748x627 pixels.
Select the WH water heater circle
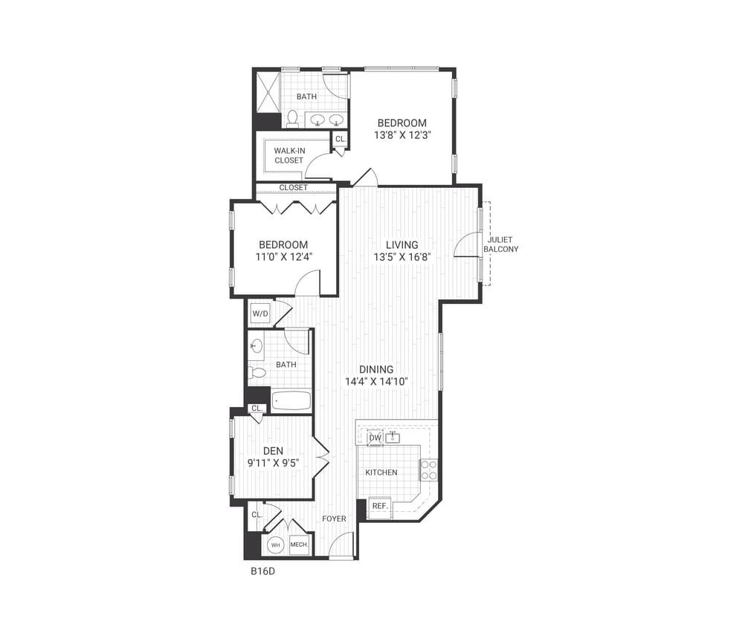[275, 545]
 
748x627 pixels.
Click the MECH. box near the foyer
[299, 545]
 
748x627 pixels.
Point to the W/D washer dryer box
[260, 313]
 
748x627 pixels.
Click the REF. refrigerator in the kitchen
[380, 505]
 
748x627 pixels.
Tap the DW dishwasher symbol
[375, 438]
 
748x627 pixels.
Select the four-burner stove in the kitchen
[429, 470]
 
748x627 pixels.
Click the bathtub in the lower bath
[291, 401]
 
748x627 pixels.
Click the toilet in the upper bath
[292, 119]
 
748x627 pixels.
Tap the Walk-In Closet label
[289, 155]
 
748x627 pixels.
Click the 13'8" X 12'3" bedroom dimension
[402, 135]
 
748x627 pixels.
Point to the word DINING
[376, 369]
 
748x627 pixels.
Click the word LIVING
[402, 244]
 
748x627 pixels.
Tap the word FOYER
[334, 519]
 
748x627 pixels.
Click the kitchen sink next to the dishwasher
[392, 438]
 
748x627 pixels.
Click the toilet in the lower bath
[257, 372]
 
